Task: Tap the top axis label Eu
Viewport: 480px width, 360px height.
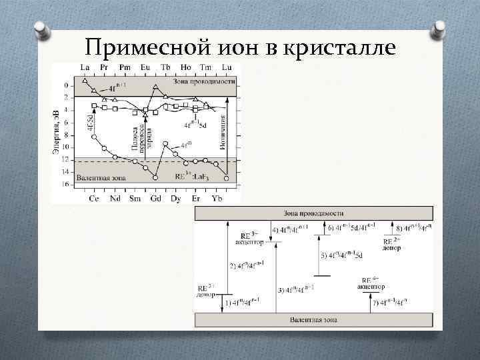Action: coord(145,68)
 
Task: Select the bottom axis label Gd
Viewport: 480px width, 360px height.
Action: coord(155,198)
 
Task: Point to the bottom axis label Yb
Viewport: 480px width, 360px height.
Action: coord(217,198)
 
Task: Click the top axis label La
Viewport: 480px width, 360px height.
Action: coord(85,68)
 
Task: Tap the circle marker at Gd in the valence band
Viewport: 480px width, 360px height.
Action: coord(155,177)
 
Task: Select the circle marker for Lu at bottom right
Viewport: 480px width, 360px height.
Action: coord(227,178)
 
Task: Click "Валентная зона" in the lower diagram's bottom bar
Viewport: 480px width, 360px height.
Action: coord(313,320)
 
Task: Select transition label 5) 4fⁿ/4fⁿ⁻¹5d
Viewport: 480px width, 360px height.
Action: coord(341,255)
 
